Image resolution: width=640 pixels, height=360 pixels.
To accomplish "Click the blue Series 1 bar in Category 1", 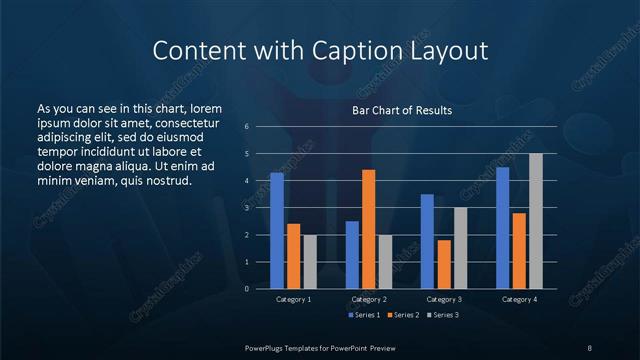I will (277, 231).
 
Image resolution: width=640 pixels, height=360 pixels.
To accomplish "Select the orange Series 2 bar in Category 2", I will (368, 229).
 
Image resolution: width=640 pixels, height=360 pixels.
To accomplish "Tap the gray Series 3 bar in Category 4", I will (535, 221).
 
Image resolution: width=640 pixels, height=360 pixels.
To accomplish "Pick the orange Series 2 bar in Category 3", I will (443, 264).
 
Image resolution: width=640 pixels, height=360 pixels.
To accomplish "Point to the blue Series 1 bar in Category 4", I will (502, 228).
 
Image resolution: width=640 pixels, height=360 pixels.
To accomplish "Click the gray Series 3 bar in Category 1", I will (310, 262).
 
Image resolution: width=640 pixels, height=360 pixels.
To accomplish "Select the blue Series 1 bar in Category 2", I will (352, 255).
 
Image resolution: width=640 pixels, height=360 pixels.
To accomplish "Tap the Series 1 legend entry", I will (364, 315).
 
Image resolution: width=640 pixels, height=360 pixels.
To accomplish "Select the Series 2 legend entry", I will (402, 315).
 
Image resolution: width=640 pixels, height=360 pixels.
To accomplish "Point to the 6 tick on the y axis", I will (247, 127).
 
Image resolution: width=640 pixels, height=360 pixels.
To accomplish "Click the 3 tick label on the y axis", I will (247, 208).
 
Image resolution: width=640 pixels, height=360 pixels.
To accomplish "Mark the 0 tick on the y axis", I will (247, 289).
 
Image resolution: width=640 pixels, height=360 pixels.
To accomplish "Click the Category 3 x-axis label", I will (444, 299).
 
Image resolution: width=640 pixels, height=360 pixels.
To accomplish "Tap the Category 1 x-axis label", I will (293, 299).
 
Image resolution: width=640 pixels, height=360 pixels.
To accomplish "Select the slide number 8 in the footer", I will (589, 347).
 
